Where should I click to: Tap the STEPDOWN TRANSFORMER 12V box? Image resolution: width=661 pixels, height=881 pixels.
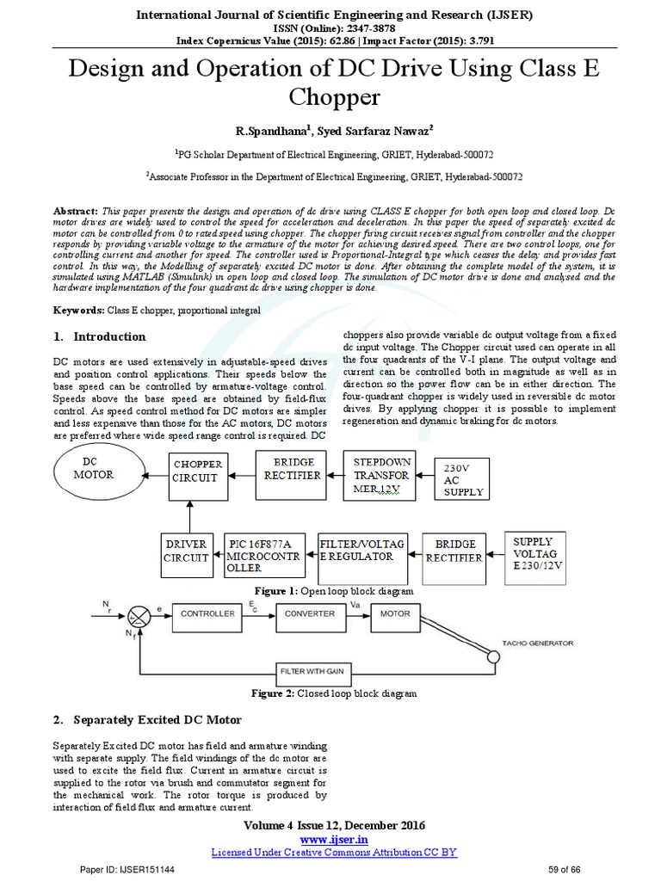point(381,474)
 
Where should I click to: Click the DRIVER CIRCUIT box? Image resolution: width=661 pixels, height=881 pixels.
point(187,551)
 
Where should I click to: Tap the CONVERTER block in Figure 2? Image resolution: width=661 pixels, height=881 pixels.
point(310,613)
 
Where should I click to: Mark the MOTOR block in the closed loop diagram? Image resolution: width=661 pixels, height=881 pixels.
point(397,613)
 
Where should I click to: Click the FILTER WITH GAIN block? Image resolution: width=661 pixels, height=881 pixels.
point(330,670)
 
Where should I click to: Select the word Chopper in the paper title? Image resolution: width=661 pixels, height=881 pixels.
point(330,96)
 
